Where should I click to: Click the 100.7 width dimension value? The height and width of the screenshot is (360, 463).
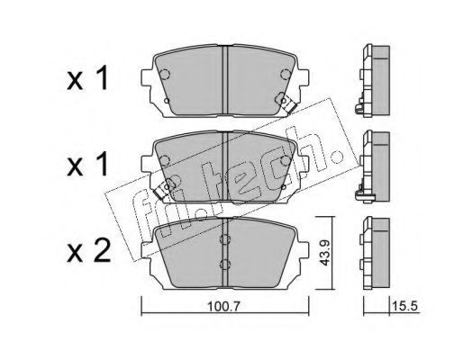223,306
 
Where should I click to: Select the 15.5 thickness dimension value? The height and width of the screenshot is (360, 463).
404,306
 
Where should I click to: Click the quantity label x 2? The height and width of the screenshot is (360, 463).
89,252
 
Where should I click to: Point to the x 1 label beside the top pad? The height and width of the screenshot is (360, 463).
87,78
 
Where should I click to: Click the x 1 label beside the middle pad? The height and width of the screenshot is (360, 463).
87,164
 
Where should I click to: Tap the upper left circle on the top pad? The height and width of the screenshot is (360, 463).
165,74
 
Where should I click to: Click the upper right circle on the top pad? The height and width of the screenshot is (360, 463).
286,74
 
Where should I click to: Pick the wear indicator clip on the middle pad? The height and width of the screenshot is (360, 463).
165,189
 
